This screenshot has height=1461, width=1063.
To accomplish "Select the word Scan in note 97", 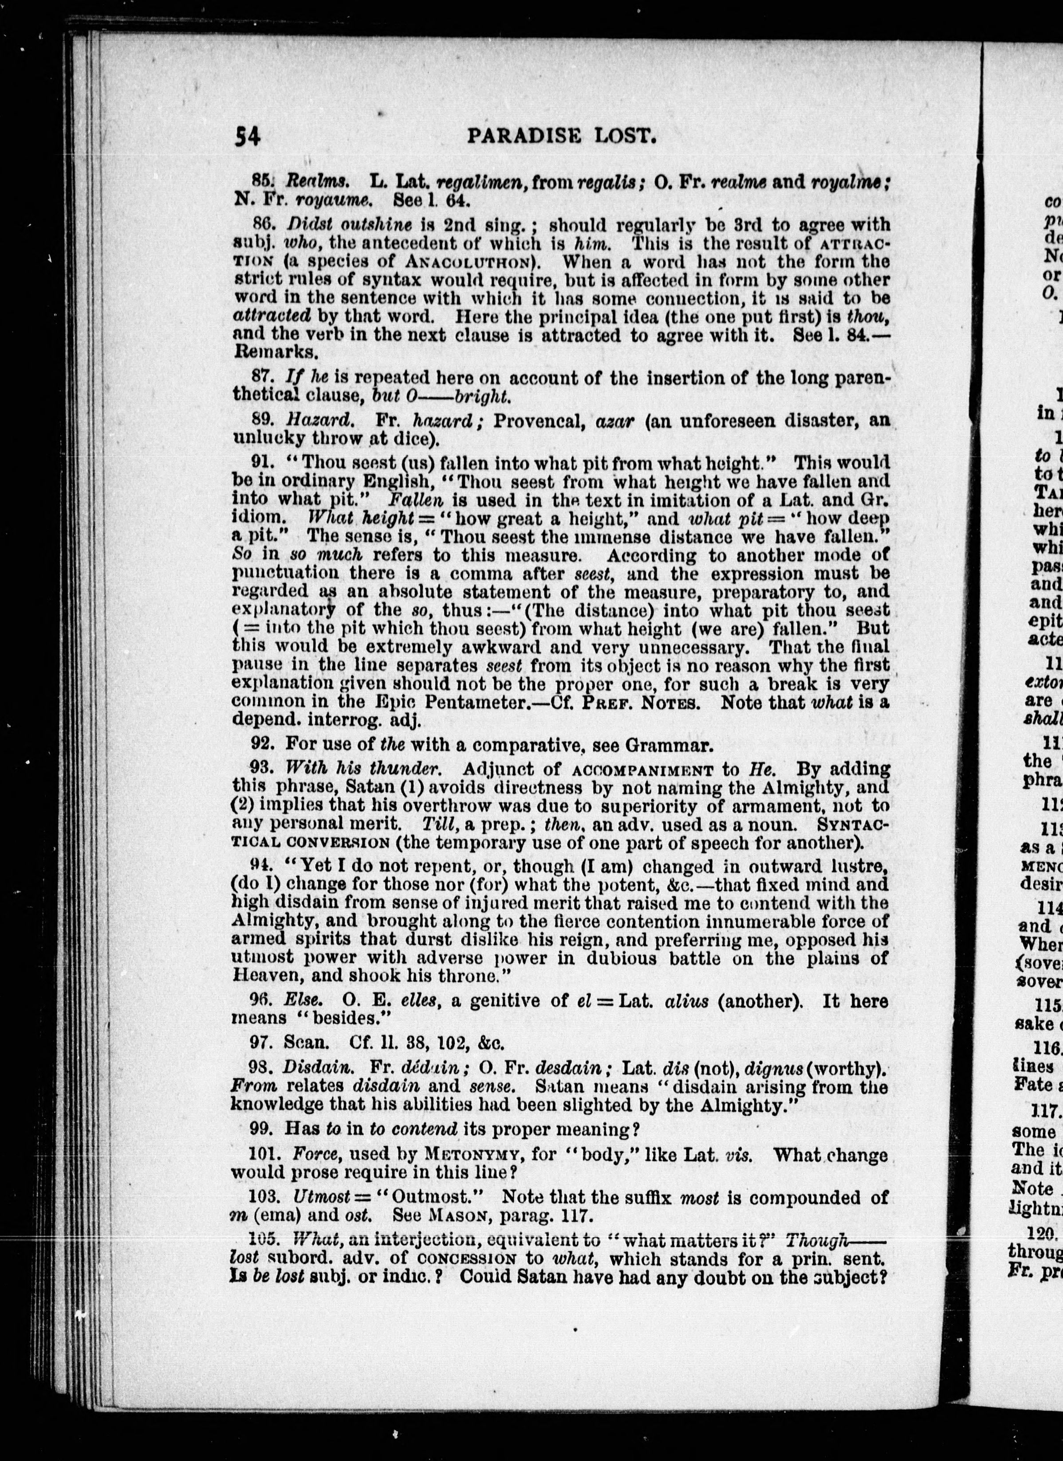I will (307, 1042).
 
